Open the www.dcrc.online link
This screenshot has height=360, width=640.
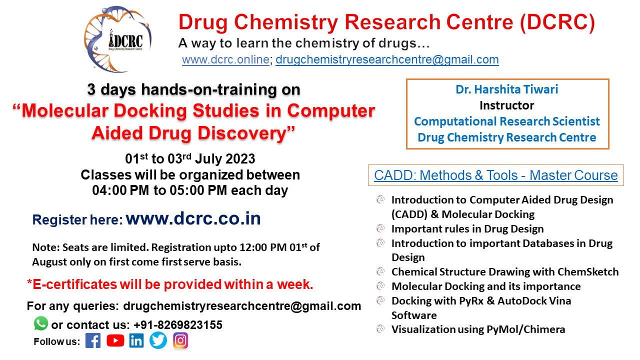click(225, 59)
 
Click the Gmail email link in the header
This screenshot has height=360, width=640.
click(387, 59)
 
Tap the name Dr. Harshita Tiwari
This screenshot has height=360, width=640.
click(507, 89)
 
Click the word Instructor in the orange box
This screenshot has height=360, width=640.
click(507, 105)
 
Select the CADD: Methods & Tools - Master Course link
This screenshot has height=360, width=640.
click(495, 175)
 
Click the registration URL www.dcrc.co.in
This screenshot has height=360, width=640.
click(193, 219)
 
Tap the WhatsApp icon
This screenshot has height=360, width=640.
click(41, 323)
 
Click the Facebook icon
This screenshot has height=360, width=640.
click(93, 341)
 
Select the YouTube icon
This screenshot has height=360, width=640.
click(115, 341)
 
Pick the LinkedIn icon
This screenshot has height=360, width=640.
click(136, 341)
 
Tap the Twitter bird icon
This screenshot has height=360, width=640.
click(158, 341)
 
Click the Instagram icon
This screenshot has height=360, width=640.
click(180, 341)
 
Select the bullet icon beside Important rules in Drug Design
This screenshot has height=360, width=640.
click(381, 228)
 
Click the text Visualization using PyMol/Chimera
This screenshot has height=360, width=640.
click(478, 329)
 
